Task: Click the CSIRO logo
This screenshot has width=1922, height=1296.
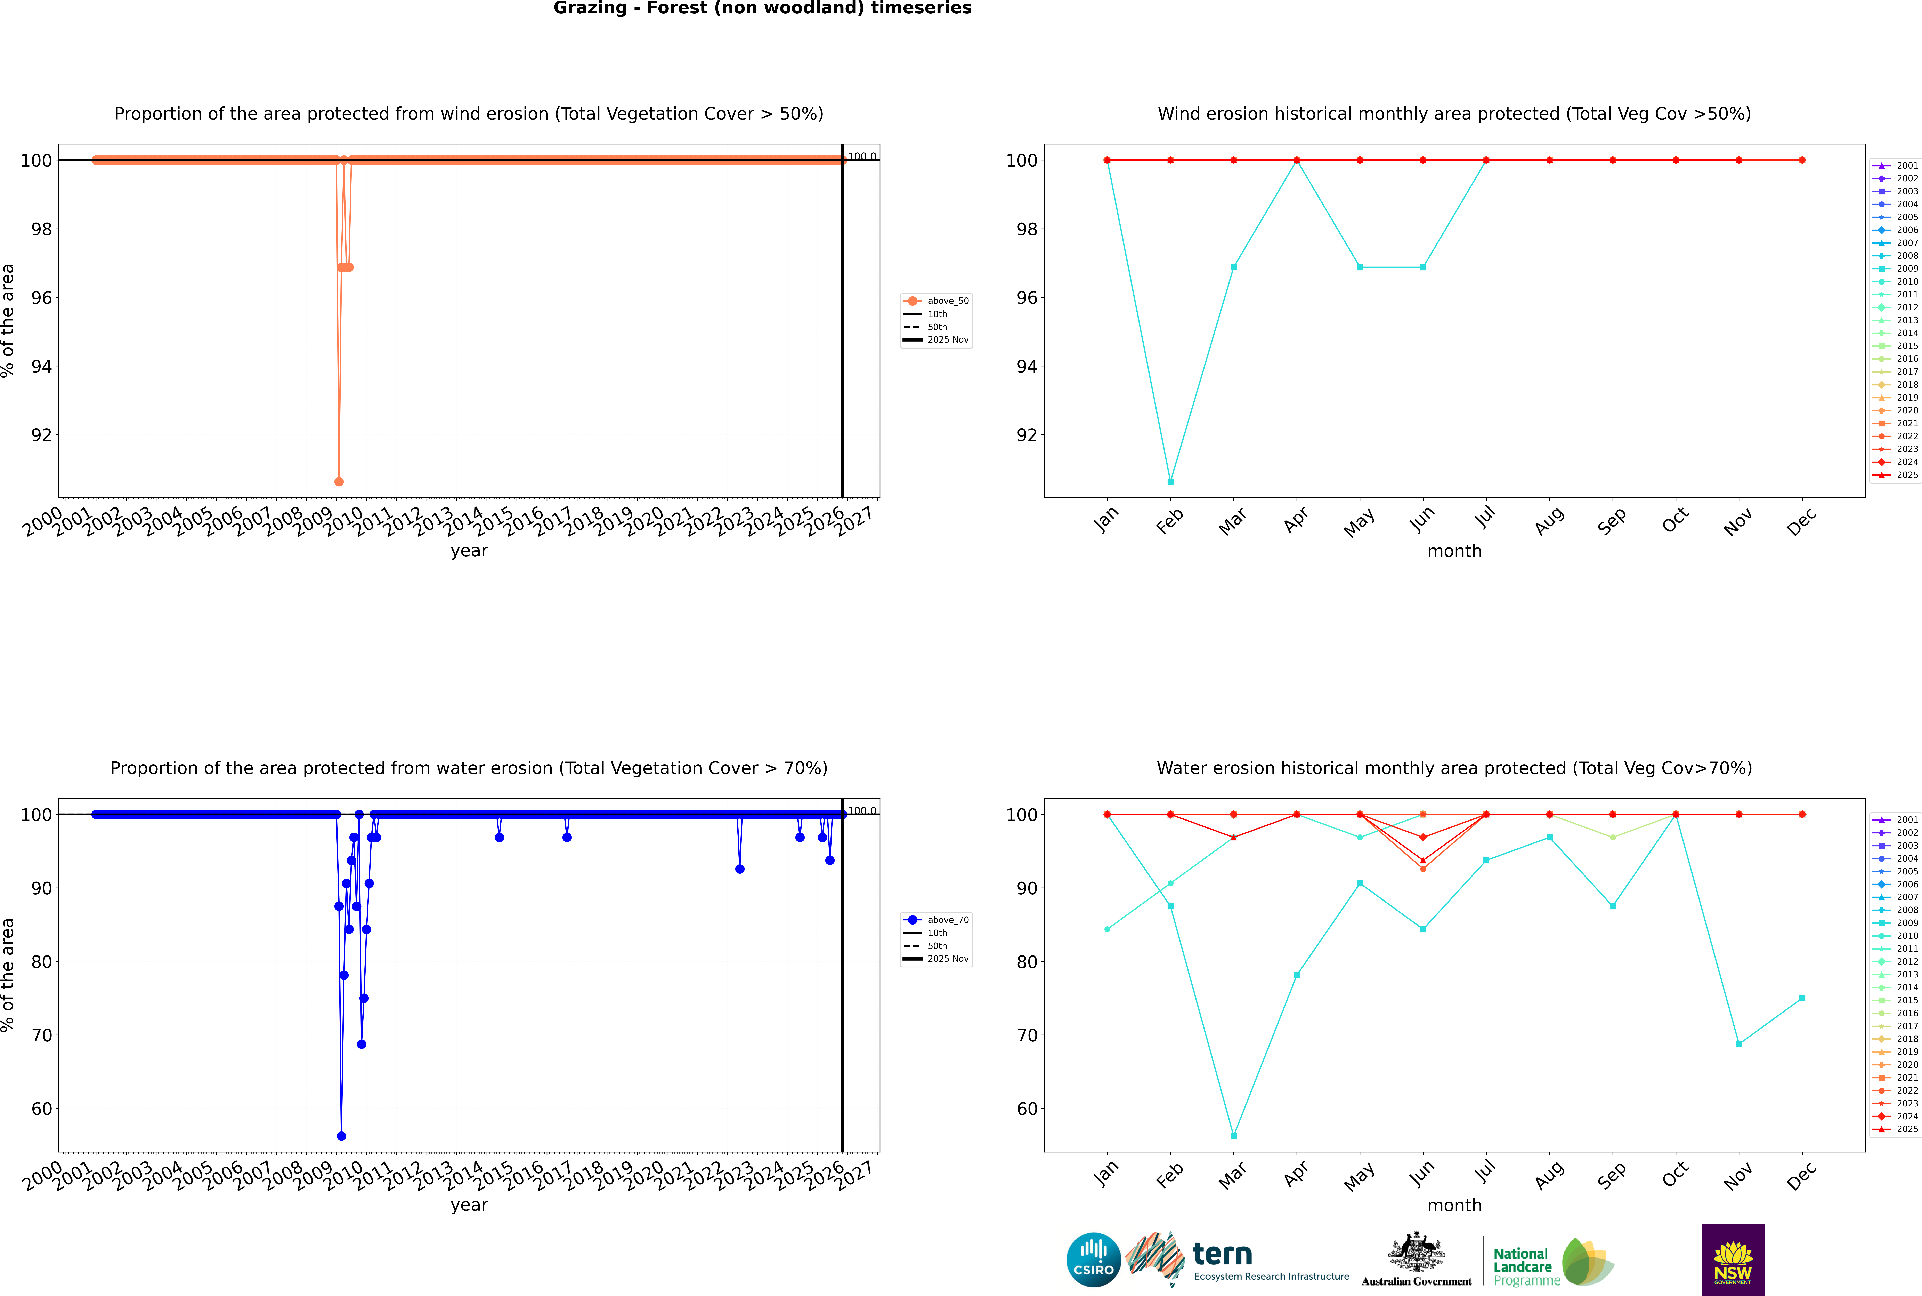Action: click(1093, 1260)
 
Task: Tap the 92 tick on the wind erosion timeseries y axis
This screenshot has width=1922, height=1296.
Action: click(41, 435)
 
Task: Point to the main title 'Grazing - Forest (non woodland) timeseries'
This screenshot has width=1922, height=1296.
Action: click(762, 8)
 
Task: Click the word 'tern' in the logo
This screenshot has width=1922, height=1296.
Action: click(1222, 1255)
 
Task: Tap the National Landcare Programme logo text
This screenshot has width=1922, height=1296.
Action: click(1523, 1266)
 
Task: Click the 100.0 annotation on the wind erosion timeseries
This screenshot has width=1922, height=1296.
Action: click(862, 156)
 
